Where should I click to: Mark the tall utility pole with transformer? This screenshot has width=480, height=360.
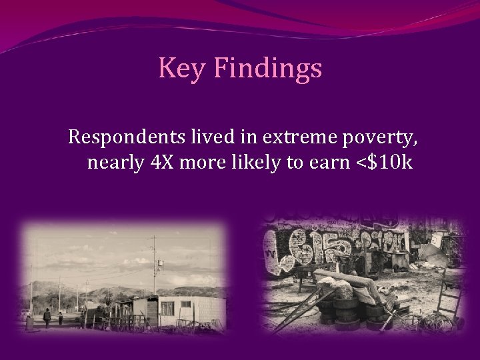point(155,267)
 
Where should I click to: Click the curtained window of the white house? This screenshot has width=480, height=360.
point(168,309)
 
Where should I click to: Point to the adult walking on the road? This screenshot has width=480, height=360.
point(47,316)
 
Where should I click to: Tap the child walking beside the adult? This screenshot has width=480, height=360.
point(61,319)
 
